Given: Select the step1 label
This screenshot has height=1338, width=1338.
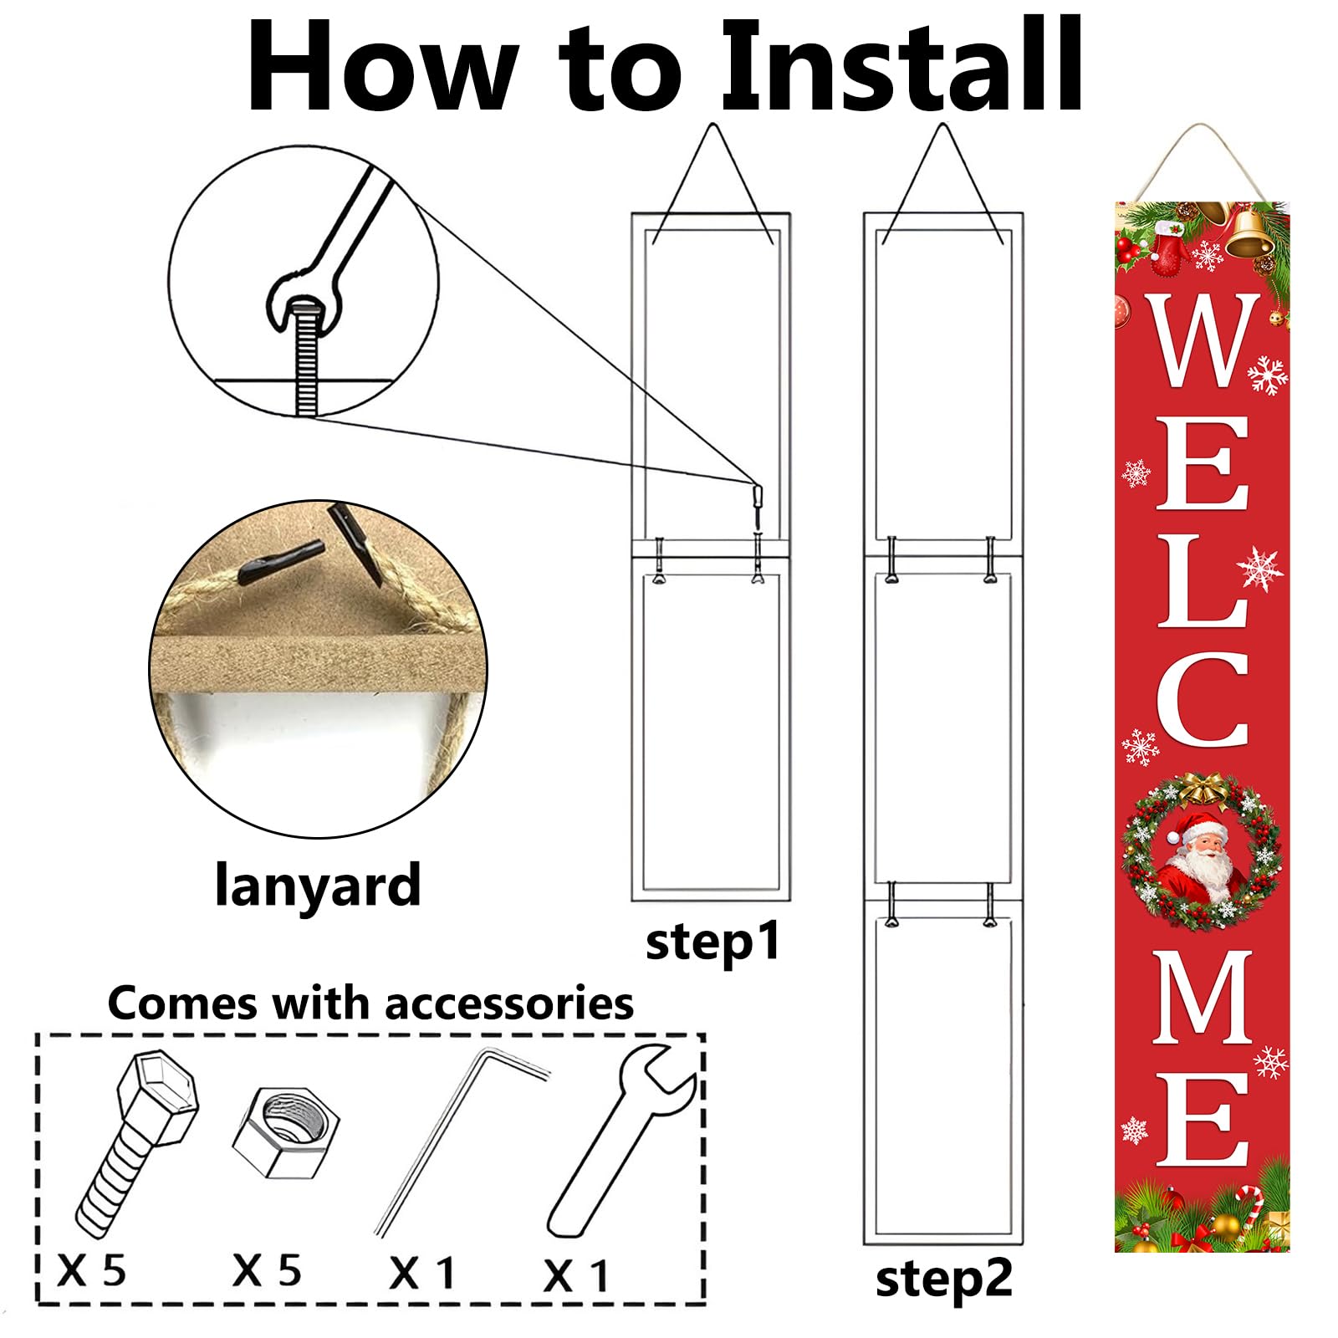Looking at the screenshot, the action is click(712, 942).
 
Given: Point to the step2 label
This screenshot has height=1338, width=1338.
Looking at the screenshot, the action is click(944, 1279).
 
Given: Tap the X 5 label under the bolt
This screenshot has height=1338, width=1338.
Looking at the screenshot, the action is click(92, 1271).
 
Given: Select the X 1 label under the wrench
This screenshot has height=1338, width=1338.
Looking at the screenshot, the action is click(577, 1276).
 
